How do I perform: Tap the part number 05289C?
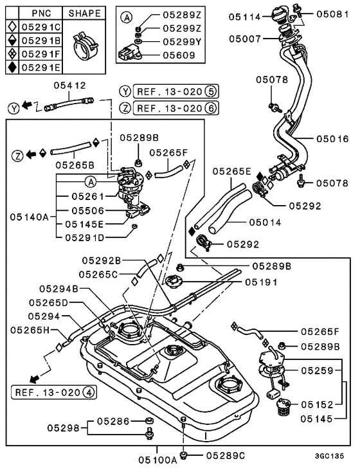(224, 455)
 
